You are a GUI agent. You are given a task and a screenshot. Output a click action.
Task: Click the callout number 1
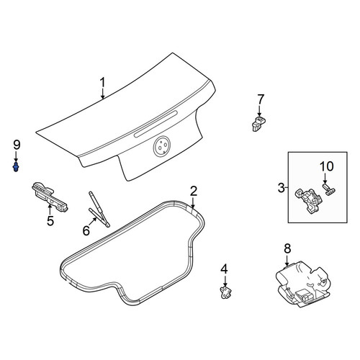(103, 83)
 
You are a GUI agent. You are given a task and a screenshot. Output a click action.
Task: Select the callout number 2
(194, 192)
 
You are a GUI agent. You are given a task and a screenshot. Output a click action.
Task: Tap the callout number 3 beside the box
(281, 188)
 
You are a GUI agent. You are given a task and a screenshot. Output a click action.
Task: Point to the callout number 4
(224, 269)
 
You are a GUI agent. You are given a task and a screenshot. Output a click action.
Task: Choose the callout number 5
(50, 221)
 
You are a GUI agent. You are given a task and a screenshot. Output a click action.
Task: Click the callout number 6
(86, 230)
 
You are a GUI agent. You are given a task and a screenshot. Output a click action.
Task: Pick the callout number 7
(261, 100)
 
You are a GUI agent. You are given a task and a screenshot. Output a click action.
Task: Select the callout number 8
(287, 248)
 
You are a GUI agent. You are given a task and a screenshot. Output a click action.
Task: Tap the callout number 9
(17, 145)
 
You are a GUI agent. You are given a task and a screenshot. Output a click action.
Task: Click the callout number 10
(326, 166)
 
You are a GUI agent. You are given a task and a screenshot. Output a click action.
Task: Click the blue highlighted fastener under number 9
(16, 166)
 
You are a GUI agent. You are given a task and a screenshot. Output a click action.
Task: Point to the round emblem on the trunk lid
(161, 146)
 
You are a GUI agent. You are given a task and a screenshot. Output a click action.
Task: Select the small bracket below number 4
(225, 292)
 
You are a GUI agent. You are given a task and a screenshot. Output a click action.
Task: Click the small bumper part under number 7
(258, 123)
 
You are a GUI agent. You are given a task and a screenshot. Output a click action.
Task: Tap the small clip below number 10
(329, 189)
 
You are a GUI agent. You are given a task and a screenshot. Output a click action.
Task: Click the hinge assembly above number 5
(50, 197)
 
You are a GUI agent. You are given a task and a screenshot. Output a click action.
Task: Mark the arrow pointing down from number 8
(287, 261)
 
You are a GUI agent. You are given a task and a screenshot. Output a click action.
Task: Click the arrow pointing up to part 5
(50, 210)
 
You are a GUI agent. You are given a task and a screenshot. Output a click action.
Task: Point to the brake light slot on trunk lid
(156, 124)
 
